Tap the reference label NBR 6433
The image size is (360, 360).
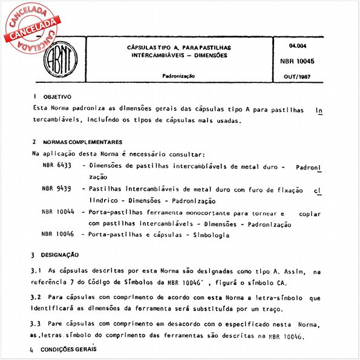coord(57,165)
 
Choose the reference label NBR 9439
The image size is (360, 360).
coord(57,189)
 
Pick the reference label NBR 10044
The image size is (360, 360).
coord(59,213)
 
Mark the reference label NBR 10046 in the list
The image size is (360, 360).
coord(58,234)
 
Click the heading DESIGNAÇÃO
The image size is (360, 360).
coord(59,255)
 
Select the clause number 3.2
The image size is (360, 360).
coord(36,298)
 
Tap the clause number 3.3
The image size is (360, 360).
coord(36,324)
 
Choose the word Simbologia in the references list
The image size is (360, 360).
coord(209,234)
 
